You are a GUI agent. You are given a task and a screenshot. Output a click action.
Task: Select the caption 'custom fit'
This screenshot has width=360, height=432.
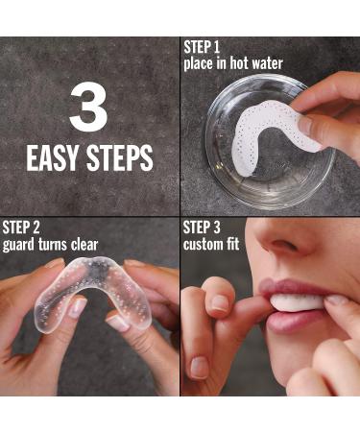212,244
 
